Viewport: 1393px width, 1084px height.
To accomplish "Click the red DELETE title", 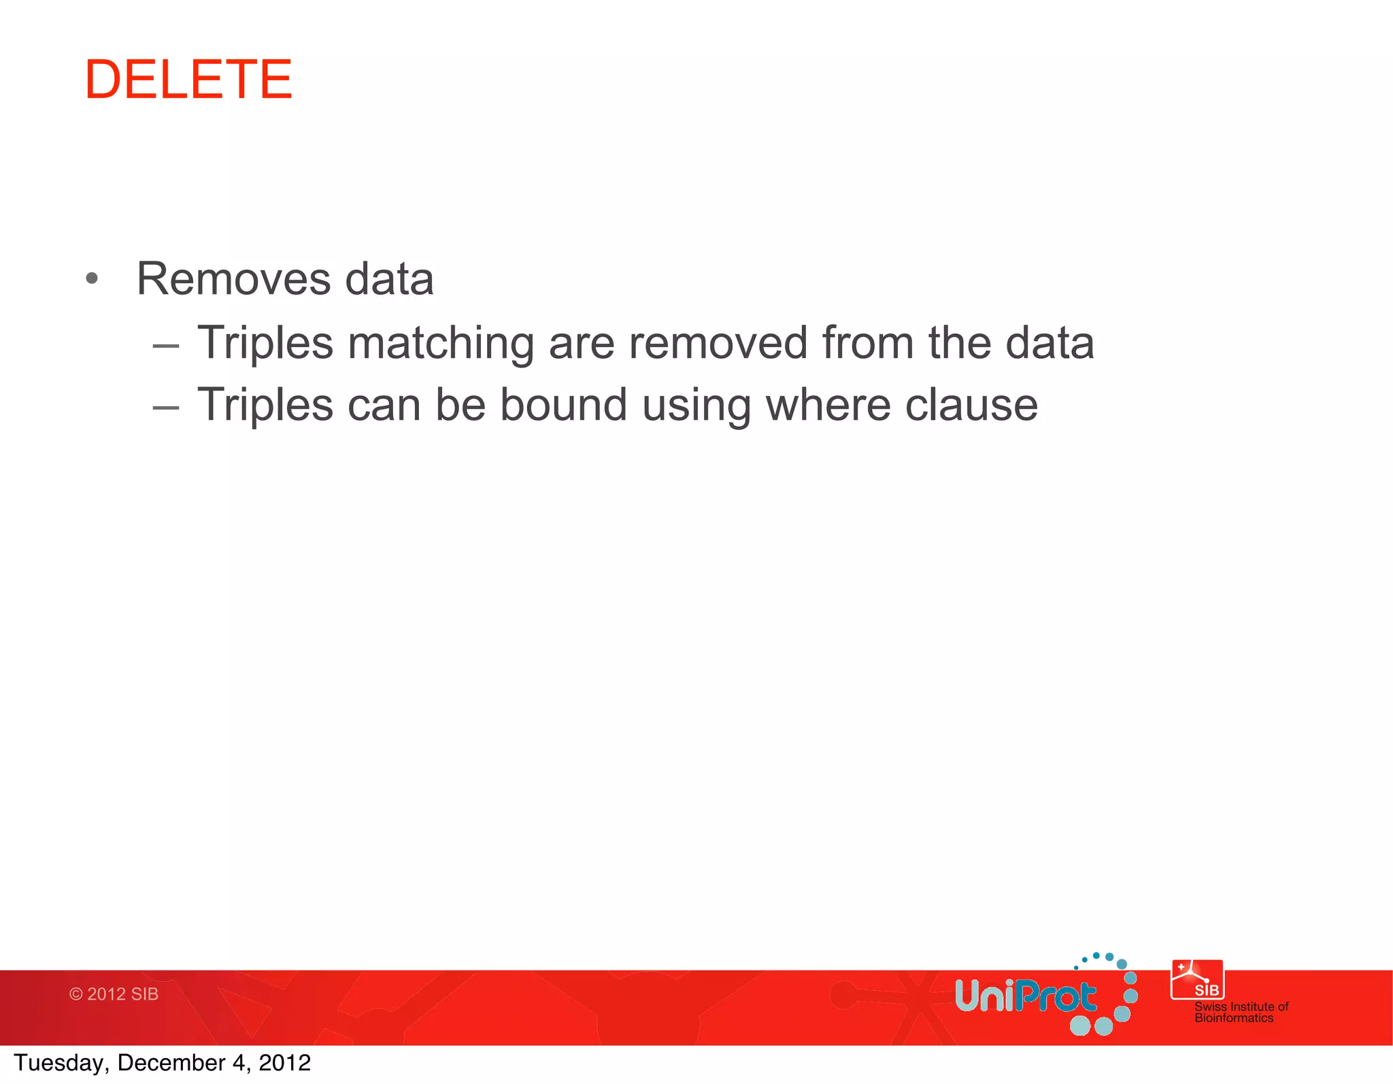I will (x=188, y=80).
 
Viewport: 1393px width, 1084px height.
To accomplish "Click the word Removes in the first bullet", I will (x=233, y=279).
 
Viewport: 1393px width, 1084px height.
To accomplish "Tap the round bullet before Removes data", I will (x=93, y=278).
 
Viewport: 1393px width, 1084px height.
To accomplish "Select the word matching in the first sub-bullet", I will (x=440, y=344).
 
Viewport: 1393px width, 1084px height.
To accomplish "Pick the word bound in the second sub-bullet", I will (x=563, y=405).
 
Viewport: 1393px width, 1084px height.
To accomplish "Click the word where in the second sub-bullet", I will (x=827, y=405).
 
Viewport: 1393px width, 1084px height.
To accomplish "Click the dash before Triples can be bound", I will (x=166, y=408).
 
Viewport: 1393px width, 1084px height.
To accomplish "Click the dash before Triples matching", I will (x=166, y=346).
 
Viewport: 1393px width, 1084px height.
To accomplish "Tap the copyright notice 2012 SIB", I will (x=114, y=994).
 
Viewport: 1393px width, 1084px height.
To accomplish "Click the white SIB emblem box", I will (x=1196, y=980).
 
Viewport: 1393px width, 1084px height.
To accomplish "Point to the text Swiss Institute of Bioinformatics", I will (x=1241, y=1012).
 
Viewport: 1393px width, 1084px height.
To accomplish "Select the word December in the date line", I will (x=171, y=1063).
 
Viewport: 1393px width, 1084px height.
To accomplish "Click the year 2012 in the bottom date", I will (x=284, y=1063).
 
